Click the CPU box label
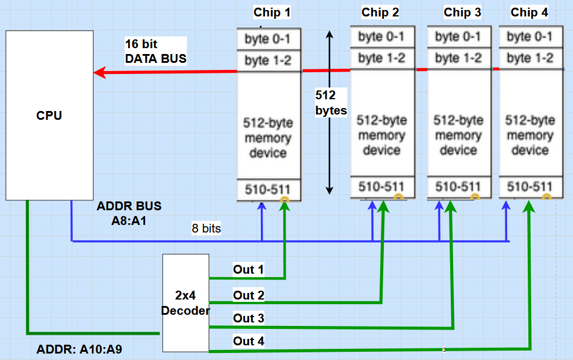coord(49,115)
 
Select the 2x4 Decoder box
coord(186,303)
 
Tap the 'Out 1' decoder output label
coord(248,270)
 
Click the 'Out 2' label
coord(248,295)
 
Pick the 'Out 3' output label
coord(248,318)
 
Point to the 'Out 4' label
coord(248,341)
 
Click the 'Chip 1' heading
coord(272,12)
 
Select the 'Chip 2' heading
coord(380,12)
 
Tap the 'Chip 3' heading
coord(462,12)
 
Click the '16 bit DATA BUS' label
coord(155,51)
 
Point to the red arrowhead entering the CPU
coord(100,73)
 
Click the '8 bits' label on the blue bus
coord(206,228)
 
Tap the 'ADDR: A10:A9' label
coord(79,349)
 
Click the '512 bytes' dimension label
coord(330,102)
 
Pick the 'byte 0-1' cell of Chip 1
coord(268,40)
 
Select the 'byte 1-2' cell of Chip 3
coord(458,58)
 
